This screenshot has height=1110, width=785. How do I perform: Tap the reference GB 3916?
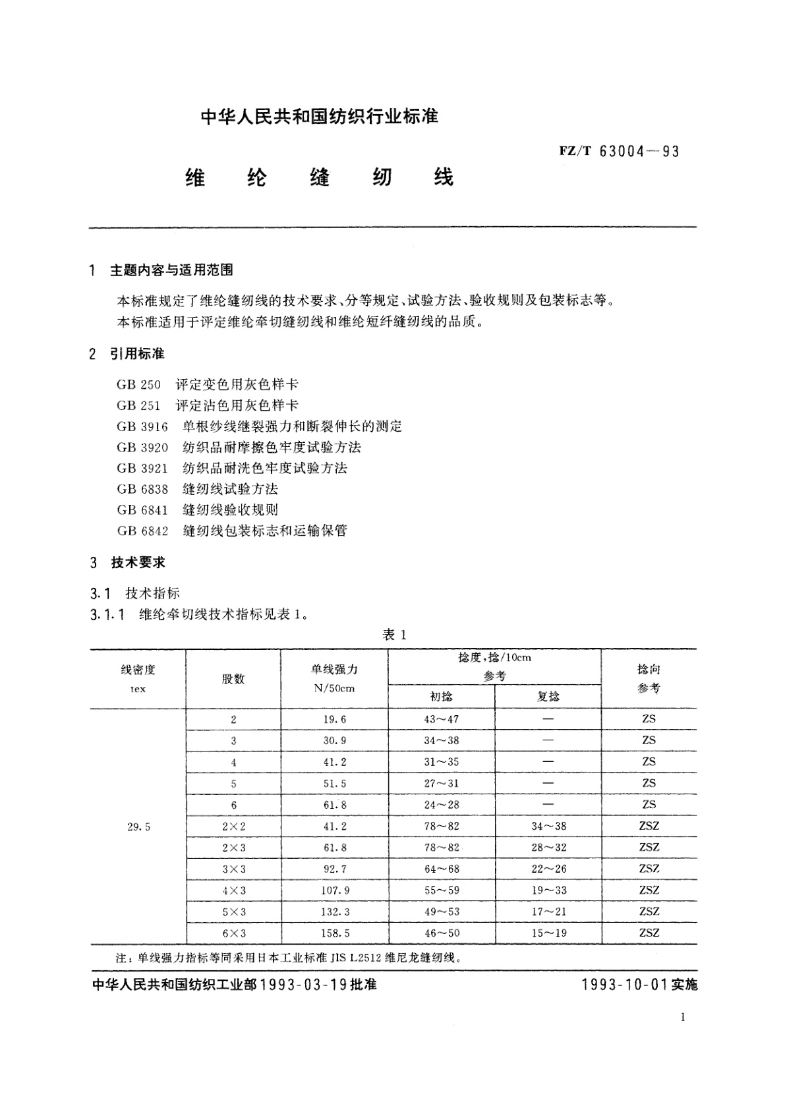(142, 426)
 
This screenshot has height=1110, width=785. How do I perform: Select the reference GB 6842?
(142, 531)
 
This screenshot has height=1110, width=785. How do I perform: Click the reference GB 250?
(138, 384)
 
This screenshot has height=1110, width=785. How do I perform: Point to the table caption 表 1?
(395, 635)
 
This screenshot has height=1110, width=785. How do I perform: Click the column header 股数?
(233, 679)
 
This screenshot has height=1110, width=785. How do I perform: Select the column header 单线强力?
(334, 670)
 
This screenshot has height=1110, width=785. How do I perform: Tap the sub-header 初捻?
(441, 697)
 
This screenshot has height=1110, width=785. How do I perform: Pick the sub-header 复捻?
(548, 697)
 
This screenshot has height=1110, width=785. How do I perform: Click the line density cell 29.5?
(138, 827)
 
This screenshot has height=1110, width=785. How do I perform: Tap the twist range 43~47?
(441, 719)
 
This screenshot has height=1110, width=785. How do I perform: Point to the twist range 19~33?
(548, 891)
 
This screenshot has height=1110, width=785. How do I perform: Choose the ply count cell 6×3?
(234, 933)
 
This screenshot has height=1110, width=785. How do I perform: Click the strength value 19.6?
(335, 719)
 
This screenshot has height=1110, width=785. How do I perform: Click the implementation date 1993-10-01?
(625, 985)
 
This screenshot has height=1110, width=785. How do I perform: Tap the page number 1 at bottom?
(683, 1017)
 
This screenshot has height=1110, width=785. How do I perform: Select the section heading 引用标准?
(137, 354)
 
